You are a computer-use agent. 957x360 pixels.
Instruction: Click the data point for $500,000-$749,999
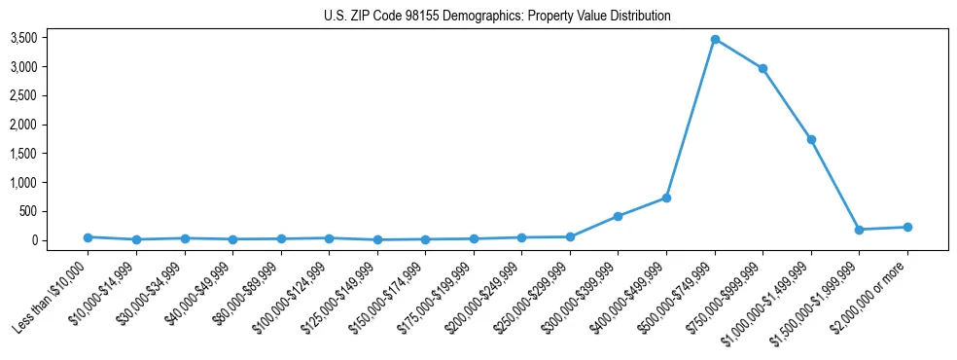pyautogui.click(x=715, y=40)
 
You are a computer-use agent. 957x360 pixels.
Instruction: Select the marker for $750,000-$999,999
pyautogui.click(x=762, y=68)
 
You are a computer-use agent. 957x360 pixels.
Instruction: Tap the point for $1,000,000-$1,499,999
pyautogui.click(x=811, y=139)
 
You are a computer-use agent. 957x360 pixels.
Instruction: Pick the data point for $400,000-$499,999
pyautogui.click(x=666, y=198)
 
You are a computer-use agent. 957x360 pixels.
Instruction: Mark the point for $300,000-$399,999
pyautogui.click(x=618, y=216)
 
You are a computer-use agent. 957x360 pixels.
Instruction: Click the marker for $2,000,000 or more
pyautogui.click(x=907, y=227)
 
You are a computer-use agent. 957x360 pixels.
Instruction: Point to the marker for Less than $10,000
pyautogui.click(x=88, y=237)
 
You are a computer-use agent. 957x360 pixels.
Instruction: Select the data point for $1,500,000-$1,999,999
pyautogui.click(x=859, y=230)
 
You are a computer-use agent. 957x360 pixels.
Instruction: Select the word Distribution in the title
pyautogui.click(x=638, y=17)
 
